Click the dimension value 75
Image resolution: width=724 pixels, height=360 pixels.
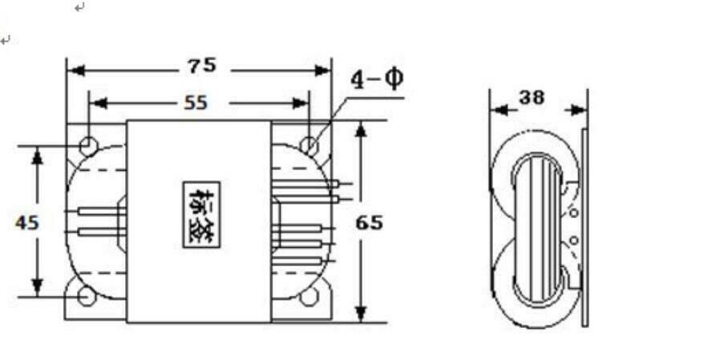202,66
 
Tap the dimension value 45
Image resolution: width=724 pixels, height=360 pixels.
26,222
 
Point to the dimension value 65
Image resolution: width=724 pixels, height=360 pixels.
370,222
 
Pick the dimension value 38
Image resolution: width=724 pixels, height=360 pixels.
531,98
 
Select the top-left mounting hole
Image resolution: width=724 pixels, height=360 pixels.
88,146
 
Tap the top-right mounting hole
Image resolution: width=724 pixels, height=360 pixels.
309,145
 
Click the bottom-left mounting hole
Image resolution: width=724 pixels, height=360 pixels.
87,297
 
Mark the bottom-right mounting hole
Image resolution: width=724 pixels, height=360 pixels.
309,297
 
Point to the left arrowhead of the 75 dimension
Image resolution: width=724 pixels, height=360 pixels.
75,71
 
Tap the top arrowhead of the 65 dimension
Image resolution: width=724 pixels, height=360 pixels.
361,128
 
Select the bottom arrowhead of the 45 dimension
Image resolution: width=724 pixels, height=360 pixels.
37,288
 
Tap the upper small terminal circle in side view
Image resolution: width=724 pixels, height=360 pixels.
572,213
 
